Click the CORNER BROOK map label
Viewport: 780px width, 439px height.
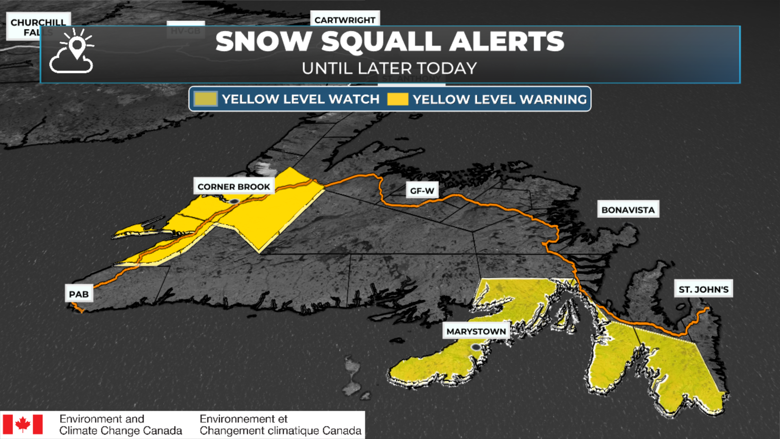point(234,187)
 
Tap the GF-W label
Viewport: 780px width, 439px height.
point(422,191)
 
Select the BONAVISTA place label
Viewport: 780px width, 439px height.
point(628,210)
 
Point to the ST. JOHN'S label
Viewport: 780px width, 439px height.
point(704,289)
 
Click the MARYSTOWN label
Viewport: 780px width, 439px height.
point(476,331)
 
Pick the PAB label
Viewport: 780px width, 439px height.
point(79,294)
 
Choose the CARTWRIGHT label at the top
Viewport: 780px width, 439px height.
point(345,20)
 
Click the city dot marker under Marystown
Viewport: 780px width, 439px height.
point(476,347)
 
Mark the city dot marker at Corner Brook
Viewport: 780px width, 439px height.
point(234,201)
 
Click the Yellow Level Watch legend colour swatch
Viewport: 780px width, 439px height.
point(206,99)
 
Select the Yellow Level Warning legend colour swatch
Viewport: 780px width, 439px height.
point(397,99)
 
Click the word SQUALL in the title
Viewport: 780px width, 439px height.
point(381,41)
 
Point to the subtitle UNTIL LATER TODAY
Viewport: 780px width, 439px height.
point(389,68)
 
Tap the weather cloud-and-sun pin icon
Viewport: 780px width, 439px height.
point(72,52)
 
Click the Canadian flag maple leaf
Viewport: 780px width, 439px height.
point(23,424)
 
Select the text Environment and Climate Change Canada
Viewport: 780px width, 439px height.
point(120,424)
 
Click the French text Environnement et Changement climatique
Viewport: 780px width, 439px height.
point(280,424)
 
